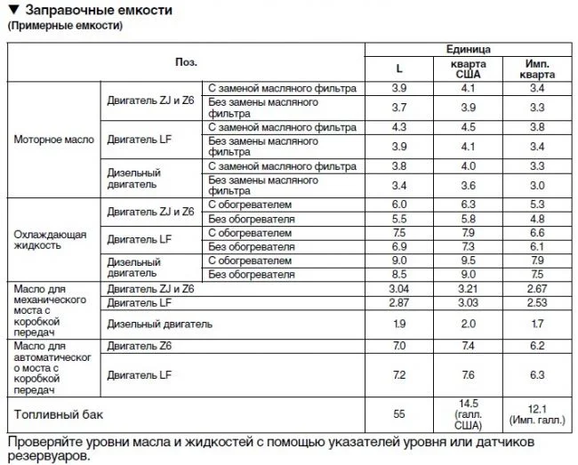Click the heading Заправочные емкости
point(97,10)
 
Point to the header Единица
point(468,49)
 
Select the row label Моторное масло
point(54,140)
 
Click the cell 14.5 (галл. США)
point(468,414)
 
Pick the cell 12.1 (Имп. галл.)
point(537,414)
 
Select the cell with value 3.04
point(398,289)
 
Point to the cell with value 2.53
point(537,302)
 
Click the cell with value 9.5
point(468,261)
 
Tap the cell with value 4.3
point(398,126)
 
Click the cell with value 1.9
point(398,324)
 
